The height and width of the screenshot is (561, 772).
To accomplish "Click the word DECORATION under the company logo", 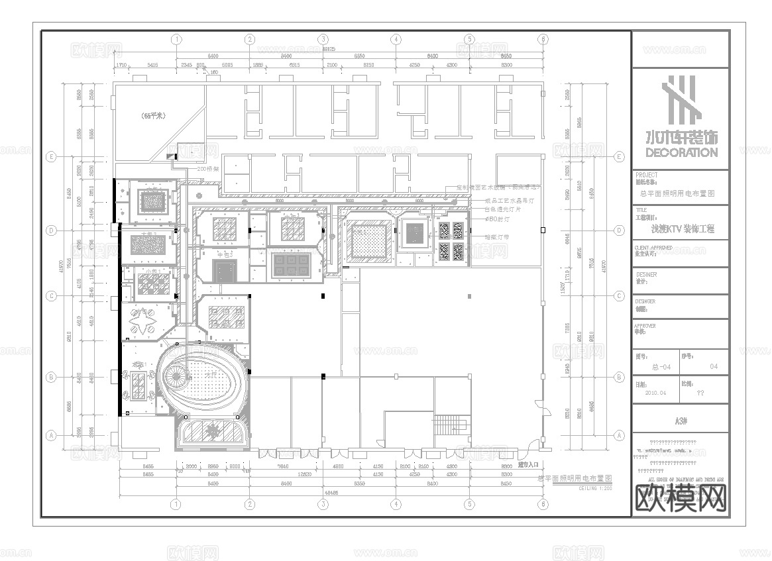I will pyautogui.click(x=681, y=152).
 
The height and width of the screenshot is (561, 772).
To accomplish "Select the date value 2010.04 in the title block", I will pyautogui.click(x=657, y=391).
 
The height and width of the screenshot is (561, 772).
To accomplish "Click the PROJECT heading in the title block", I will pyautogui.click(x=647, y=175).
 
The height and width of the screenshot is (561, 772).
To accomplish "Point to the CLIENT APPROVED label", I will pyautogui.click(x=654, y=248).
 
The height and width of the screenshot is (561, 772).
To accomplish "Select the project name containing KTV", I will pyautogui.click(x=683, y=230).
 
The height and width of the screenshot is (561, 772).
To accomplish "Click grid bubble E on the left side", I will pyautogui.click(x=50, y=157).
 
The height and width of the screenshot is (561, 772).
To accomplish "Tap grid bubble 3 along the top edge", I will pyautogui.click(x=323, y=40).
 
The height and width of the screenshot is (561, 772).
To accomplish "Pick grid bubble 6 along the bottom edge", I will pyautogui.click(x=543, y=504).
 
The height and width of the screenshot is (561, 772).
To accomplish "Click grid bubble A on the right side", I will pyautogui.click(x=620, y=435).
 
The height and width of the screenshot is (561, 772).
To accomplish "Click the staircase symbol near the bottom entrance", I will pyautogui.click(x=450, y=423).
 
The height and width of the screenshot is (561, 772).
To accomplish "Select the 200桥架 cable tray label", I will pyautogui.click(x=209, y=170).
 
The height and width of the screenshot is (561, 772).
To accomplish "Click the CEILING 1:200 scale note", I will pyautogui.click(x=595, y=488).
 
